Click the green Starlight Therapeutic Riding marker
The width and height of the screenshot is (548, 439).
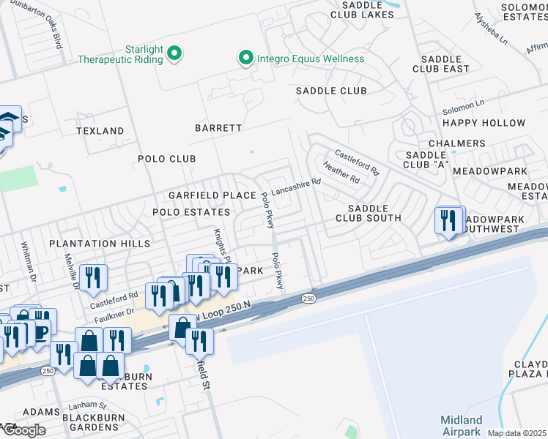(x=174, y=53)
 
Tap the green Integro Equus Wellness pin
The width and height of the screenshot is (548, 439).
(x=245, y=58)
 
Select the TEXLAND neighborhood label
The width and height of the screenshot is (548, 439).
(x=100, y=131)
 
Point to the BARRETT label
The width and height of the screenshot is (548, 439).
(x=218, y=128)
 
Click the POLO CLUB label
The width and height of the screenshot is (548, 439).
(x=167, y=159)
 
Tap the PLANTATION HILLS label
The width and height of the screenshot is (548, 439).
(x=100, y=243)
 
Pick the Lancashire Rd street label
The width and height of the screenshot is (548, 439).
(x=296, y=187)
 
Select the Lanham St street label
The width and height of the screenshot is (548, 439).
(x=87, y=405)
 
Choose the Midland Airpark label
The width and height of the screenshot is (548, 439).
(x=462, y=425)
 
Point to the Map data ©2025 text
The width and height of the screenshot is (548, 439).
(x=516, y=433)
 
